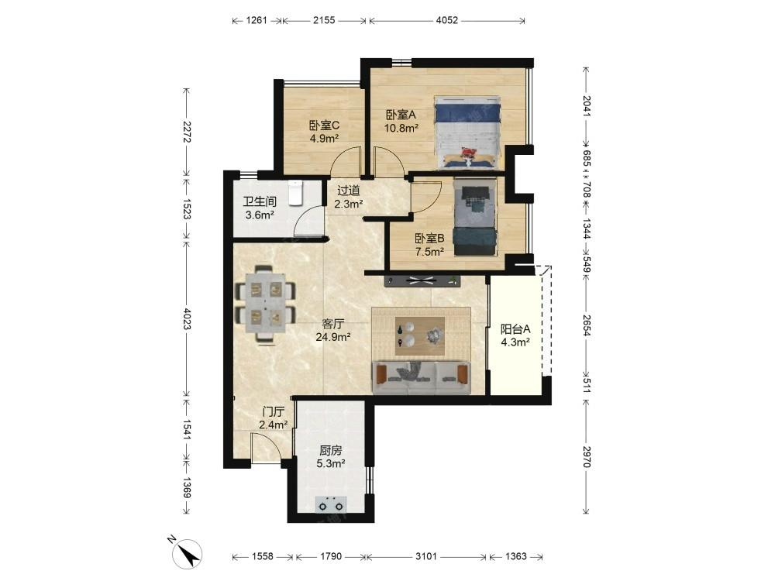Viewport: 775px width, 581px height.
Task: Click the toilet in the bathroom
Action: (295, 193)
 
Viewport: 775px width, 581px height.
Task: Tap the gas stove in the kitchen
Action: (331, 504)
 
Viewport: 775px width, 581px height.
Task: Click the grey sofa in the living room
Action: (422, 377)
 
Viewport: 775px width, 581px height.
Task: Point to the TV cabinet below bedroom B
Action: (422, 281)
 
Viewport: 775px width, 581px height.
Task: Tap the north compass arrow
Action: (188, 553)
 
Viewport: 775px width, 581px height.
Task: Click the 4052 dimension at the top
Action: (447, 20)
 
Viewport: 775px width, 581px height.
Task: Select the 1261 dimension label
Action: (256, 20)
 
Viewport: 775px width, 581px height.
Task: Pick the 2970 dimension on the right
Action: (586, 456)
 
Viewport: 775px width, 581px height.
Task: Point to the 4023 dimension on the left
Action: (187, 318)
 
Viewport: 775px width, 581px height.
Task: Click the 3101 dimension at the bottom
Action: (425, 556)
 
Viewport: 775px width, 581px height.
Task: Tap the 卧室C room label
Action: (324, 125)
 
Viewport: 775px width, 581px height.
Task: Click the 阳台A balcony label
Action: (515, 329)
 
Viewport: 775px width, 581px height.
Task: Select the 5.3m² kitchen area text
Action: (331, 463)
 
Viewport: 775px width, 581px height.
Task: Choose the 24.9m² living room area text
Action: (333, 337)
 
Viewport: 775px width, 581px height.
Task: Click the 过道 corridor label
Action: (349, 191)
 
